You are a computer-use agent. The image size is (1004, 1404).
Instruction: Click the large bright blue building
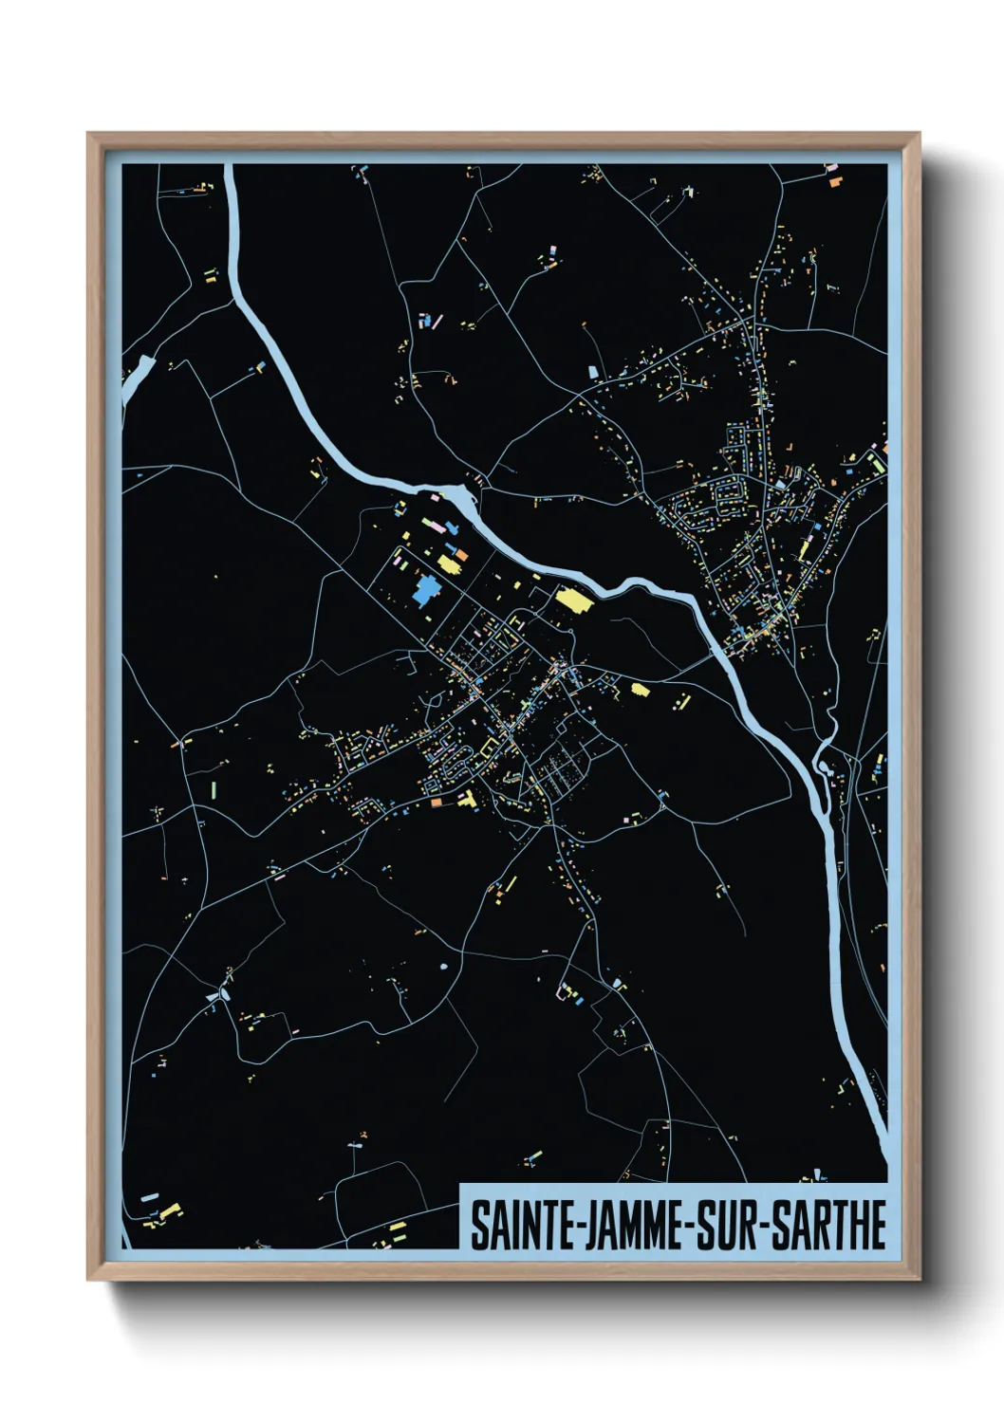tap(424, 591)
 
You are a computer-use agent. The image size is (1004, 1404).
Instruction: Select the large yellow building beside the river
tap(572, 600)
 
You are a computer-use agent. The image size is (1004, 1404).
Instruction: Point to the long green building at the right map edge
tap(879, 462)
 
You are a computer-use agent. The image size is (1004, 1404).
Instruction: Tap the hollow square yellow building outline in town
tap(490, 749)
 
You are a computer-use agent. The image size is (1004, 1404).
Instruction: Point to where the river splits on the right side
tap(822, 754)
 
